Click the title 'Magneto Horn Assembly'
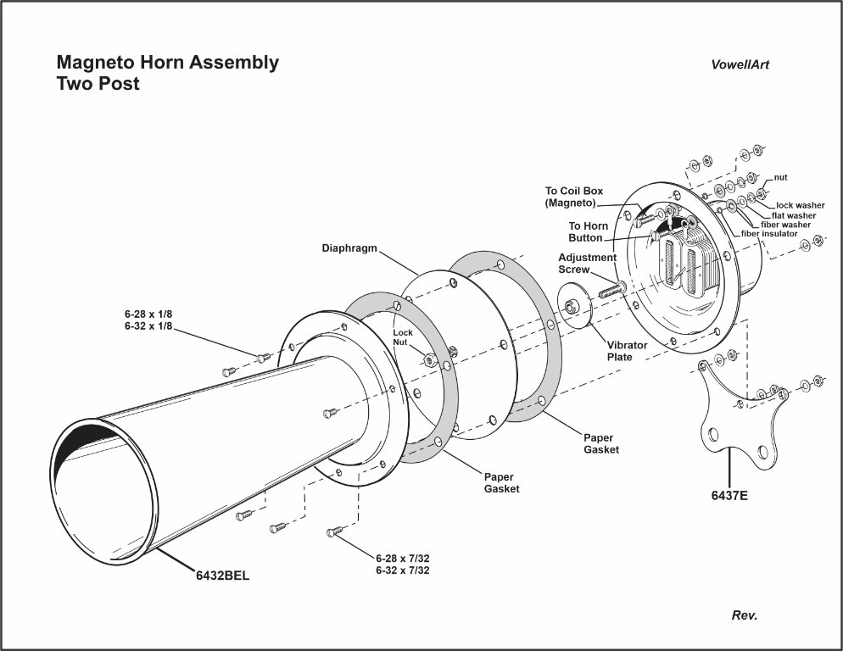pyautogui.click(x=167, y=63)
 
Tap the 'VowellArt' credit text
pyautogui.click(x=740, y=64)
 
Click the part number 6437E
pyautogui.click(x=729, y=496)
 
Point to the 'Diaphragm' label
pyautogui.click(x=349, y=249)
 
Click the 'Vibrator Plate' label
pyautogui.click(x=627, y=351)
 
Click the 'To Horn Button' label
pyautogui.click(x=589, y=231)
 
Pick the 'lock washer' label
pyautogui.click(x=800, y=205)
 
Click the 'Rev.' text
pyautogui.click(x=745, y=615)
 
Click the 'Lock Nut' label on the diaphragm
pyautogui.click(x=402, y=337)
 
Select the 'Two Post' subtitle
pyautogui.click(x=98, y=84)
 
